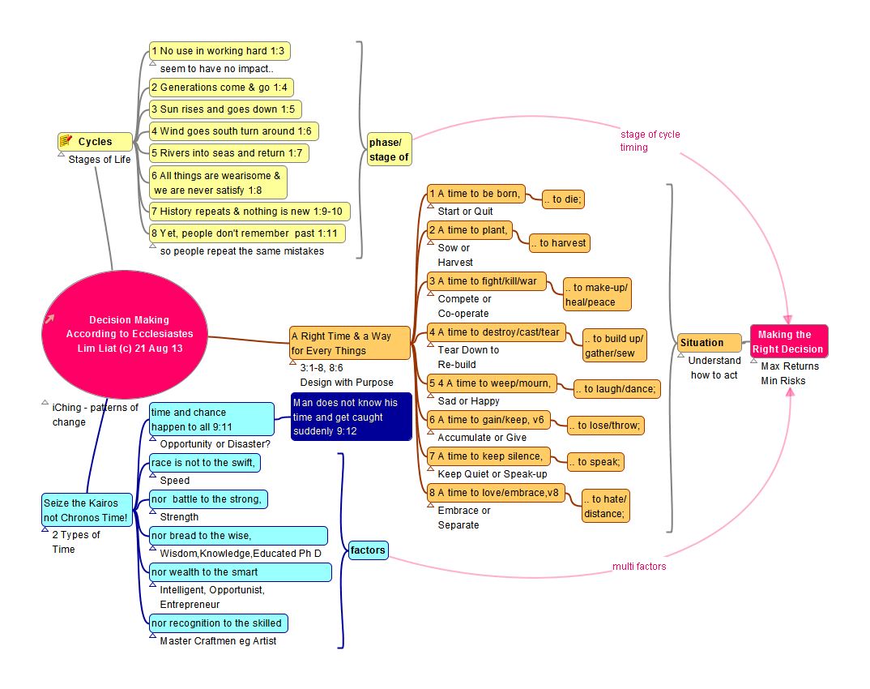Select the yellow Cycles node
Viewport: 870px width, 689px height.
96,142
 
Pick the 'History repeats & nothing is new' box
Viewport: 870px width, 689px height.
250,212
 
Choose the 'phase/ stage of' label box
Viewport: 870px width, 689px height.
389,150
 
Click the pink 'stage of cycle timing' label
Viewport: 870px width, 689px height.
650,141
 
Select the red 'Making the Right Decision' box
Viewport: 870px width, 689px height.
788,341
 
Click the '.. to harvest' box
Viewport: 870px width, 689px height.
559,242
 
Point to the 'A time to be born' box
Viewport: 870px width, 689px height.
476,194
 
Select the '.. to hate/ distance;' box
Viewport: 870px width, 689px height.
605,506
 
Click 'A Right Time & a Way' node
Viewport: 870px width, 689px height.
350,343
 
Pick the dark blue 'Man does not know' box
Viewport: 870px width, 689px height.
351,417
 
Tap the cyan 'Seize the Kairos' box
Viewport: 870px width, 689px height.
87,510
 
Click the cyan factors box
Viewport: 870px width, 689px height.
368,550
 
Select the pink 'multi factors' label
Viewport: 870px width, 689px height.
639,567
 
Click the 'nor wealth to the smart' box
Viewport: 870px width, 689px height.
240,572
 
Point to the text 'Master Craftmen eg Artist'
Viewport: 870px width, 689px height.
218,641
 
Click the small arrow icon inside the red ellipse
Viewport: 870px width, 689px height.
50,319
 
